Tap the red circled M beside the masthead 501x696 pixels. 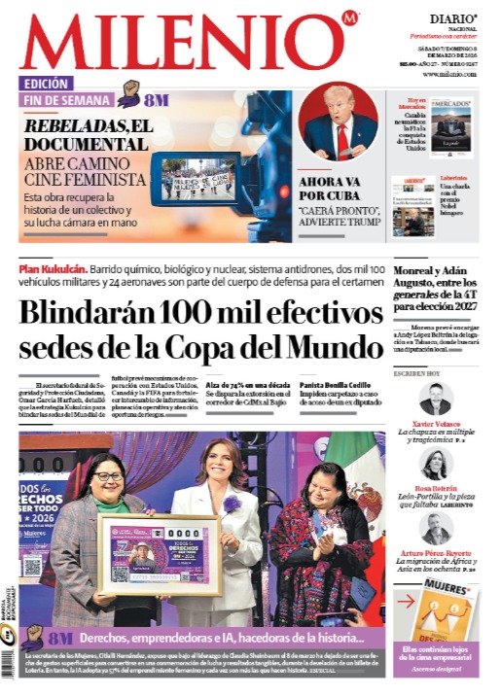point(350,17)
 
